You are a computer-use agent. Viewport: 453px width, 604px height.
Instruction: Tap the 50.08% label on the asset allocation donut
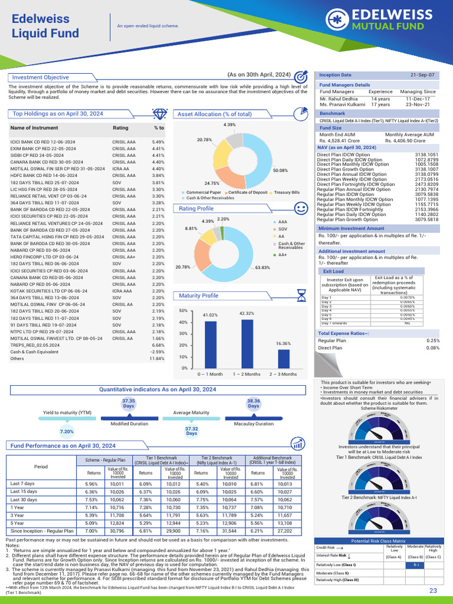(x=280, y=170)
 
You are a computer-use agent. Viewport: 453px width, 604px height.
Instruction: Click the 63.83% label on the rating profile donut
(x=263, y=267)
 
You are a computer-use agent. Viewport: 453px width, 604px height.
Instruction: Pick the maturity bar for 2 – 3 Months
(x=283, y=357)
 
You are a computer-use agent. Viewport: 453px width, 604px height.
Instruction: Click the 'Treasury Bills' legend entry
(x=287, y=192)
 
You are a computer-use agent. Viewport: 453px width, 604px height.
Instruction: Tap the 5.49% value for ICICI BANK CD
(x=158, y=142)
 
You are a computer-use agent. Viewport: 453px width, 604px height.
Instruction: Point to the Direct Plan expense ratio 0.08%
(x=433, y=348)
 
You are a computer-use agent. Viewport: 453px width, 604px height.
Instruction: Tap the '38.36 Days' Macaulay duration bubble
(x=254, y=403)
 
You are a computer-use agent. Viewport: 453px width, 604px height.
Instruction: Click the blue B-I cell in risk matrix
(x=416, y=564)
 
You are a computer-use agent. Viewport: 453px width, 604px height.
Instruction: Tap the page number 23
(x=433, y=590)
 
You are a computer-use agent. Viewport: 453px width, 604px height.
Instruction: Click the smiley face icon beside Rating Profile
(x=301, y=209)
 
